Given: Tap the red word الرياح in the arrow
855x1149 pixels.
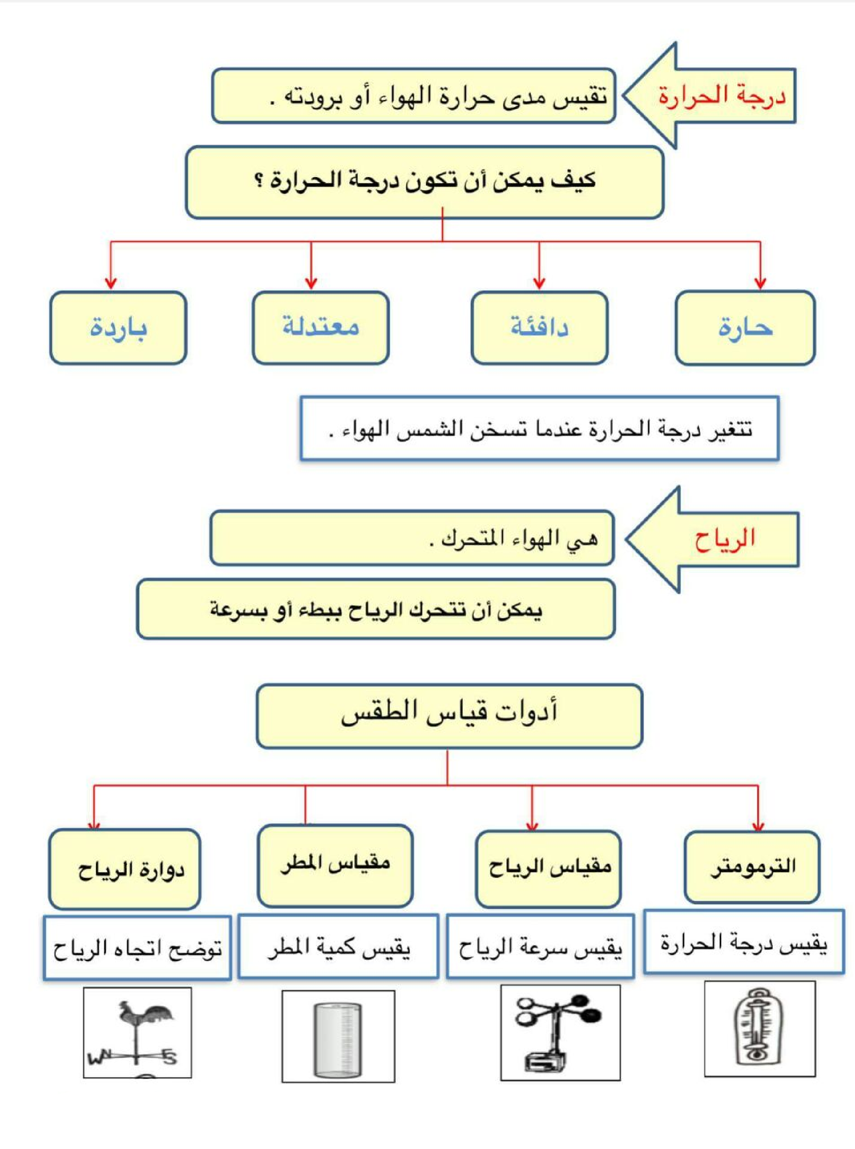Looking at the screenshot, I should (x=725, y=539).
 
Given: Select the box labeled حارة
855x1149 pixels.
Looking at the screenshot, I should (x=745, y=328).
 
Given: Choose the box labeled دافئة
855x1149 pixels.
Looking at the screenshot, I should (x=539, y=328).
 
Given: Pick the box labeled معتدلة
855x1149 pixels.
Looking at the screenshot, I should (x=320, y=328).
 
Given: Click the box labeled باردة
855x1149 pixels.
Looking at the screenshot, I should (x=118, y=328).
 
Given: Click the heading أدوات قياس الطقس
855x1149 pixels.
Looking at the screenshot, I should (x=449, y=714).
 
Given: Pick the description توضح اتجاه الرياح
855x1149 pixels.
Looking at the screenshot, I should (x=137, y=949).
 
